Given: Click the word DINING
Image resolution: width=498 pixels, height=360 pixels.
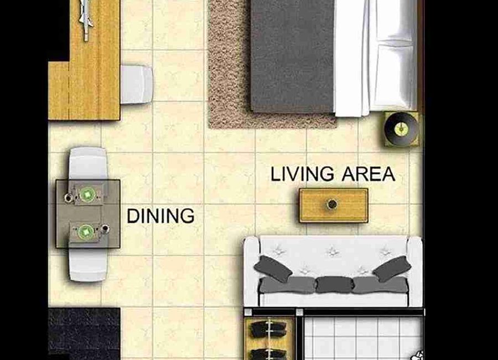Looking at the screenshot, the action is (x=160, y=216).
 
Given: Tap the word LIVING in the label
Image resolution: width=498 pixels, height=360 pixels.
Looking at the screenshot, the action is (x=302, y=174).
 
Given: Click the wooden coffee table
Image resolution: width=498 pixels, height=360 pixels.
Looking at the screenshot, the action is (x=334, y=205).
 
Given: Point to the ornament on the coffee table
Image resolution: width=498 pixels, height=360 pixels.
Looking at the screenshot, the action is (x=332, y=204).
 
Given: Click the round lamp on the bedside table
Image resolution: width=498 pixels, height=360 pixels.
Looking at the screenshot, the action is (x=401, y=129).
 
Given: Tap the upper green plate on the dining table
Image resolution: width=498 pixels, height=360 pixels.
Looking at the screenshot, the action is (x=87, y=194).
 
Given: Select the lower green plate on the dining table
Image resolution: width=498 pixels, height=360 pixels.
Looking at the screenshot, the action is (x=86, y=232).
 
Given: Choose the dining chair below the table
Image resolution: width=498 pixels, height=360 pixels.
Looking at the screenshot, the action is (x=89, y=264).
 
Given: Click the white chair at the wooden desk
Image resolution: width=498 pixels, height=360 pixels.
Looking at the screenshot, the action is (x=137, y=84).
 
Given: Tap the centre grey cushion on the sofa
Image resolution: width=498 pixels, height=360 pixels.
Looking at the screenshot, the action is (x=334, y=284).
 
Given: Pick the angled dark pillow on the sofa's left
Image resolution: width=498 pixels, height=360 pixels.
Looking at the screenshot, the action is (x=273, y=269).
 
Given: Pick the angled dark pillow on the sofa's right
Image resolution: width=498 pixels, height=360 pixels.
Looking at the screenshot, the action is (x=392, y=269).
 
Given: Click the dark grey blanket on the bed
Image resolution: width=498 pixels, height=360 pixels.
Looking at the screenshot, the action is (x=293, y=55).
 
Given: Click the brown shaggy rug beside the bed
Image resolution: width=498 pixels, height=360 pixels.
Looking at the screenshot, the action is (x=229, y=64).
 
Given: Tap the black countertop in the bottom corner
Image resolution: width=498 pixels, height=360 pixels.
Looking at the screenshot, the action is (x=84, y=333).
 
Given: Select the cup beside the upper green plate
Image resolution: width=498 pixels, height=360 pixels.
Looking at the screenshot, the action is (x=68, y=198).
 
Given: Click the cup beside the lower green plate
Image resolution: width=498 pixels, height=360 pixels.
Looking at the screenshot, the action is (x=105, y=228).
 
